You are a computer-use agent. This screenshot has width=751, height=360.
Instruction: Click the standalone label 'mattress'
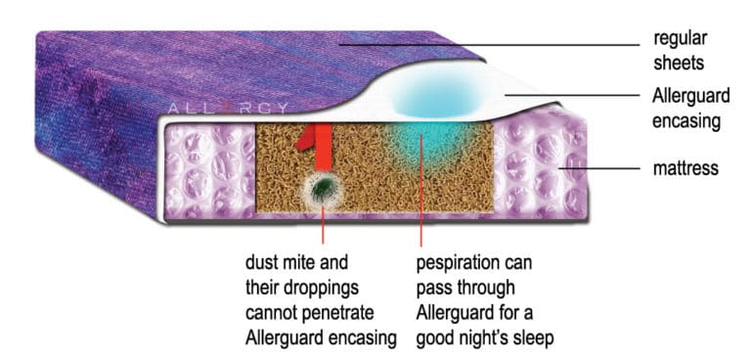coord(685,168)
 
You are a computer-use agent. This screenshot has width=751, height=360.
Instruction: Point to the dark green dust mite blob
coord(320,185)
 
